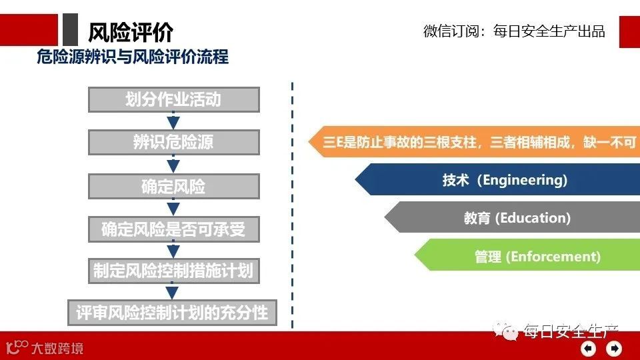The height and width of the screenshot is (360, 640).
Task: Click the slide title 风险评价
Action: [131, 31]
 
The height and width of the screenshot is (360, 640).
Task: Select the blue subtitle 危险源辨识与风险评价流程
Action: [133, 57]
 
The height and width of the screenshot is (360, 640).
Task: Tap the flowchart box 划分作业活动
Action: [173, 99]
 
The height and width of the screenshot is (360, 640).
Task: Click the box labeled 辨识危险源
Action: [173, 143]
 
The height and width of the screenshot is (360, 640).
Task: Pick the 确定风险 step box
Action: [173, 187]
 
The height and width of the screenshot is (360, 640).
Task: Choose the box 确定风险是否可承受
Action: [173, 229]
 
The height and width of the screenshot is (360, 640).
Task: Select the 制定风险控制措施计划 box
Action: [173, 271]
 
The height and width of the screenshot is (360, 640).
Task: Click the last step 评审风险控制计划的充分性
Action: [172, 312]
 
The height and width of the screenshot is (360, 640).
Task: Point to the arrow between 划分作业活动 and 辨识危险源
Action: [173, 121]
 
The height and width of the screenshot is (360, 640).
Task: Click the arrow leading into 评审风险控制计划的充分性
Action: [173, 292]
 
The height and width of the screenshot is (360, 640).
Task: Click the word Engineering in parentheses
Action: [524, 180]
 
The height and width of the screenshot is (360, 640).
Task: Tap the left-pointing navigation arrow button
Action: [588, 348]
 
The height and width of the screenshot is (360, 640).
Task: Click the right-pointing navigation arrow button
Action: [614, 348]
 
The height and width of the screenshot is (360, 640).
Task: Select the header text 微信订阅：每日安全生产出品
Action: [514, 31]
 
